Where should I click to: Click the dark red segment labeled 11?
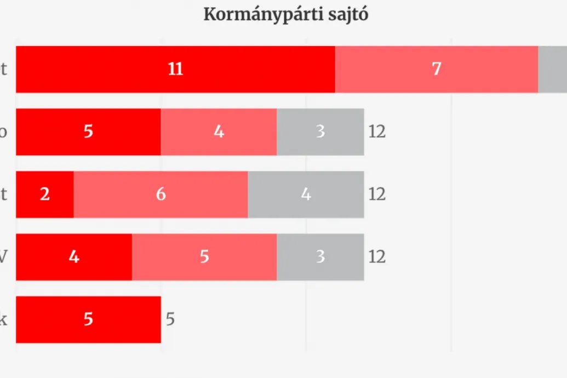(175, 69)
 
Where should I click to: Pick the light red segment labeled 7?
(437, 69)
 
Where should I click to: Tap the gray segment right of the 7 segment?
(553, 69)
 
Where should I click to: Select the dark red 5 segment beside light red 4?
(88, 132)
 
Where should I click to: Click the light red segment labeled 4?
(219, 132)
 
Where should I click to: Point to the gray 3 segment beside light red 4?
(320, 132)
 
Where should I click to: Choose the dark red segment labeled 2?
(45, 194)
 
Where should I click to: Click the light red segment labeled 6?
(161, 194)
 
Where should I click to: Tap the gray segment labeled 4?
(306, 194)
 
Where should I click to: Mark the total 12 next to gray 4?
(377, 194)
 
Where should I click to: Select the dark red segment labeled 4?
(74, 257)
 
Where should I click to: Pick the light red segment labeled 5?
(204, 257)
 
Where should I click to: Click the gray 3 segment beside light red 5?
(320, 257)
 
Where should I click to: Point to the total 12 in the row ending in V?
(377, 256)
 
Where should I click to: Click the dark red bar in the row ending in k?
(88, 319)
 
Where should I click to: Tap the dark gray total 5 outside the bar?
(170, 319)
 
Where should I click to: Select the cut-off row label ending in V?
(3, 256)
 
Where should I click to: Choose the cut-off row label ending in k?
(3, 319)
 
